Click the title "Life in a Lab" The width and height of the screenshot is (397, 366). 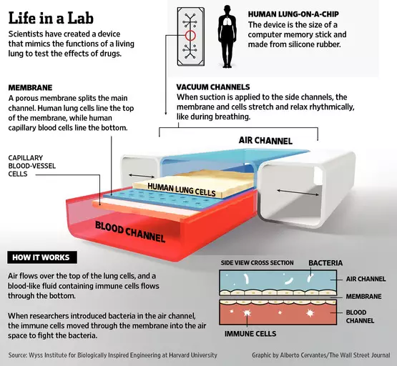[51, 18]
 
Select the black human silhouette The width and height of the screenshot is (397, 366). [227, 37]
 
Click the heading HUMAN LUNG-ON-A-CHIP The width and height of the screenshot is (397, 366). [293, 14]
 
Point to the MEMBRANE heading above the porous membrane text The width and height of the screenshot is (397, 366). [30, 88]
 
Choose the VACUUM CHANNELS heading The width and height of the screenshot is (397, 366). [213, 87]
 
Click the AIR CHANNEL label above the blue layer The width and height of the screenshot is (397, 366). [265, 140]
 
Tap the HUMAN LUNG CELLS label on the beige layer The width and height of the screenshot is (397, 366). [182, 189]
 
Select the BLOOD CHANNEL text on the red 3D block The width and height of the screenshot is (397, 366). [130, 232]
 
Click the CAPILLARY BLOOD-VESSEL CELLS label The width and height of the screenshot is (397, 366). [32, 166]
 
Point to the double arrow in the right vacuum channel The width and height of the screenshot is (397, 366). [298, 192]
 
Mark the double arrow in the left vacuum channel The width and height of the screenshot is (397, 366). [142, 176]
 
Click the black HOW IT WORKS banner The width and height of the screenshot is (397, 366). [42, 257]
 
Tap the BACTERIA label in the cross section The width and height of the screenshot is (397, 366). [325, 263]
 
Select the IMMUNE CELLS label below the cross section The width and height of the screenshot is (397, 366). [250, 334]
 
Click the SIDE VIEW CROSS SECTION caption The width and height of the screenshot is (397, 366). [257, 263]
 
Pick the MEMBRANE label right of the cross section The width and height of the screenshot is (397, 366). [363, 296]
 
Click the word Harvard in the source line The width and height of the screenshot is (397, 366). [179, 355]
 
